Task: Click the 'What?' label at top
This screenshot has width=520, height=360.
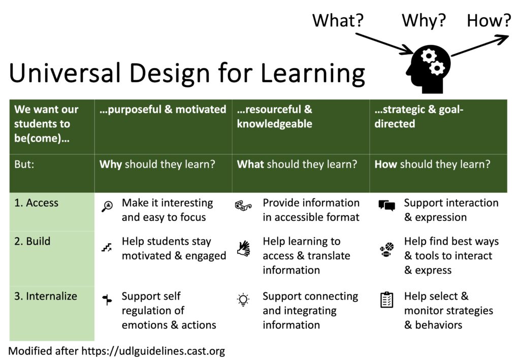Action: tap(339, 21)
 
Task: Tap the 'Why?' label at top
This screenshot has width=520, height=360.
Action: tap(424, 21)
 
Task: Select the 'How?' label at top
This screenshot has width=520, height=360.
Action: tap(489, 21)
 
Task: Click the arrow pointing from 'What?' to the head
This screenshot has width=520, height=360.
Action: tap(384, 43)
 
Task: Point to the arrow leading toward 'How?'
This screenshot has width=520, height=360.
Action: tap(479, 45)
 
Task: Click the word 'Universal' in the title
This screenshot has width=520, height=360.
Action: tap(65, 73)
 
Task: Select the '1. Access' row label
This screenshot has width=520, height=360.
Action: tap(36, 203)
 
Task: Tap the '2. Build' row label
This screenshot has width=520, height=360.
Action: tap(32, 241)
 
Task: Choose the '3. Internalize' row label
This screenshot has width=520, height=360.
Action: tap(45, 296)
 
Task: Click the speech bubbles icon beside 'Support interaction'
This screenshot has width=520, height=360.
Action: tap(386, 206)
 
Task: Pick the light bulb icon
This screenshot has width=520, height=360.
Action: tap(243, 300)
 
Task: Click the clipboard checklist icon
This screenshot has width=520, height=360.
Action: tap(387, 299)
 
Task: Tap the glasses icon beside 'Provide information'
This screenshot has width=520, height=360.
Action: tap(243, 206)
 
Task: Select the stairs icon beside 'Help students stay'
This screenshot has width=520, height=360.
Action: tap(106, 248)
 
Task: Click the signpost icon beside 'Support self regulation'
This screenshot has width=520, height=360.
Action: tap(106, 300)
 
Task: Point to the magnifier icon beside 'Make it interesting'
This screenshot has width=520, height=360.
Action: tap(107, 206)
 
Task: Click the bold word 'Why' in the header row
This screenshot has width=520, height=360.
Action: tap(110, 165)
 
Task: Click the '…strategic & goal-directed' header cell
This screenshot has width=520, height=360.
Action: tap(419, 117)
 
